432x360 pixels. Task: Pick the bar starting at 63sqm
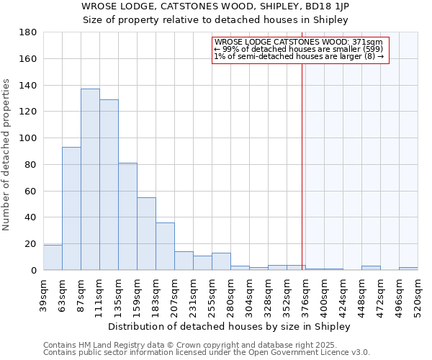(x=71, y=209)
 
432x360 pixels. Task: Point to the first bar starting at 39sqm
(x=53, y=258)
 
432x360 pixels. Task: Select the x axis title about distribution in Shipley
(x=228, y=326)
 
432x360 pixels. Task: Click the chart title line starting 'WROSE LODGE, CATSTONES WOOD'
(x=215, y=6)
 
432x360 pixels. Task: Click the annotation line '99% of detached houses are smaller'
(x=299, y=49)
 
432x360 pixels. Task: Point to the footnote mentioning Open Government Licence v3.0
(x=207, y=352)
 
